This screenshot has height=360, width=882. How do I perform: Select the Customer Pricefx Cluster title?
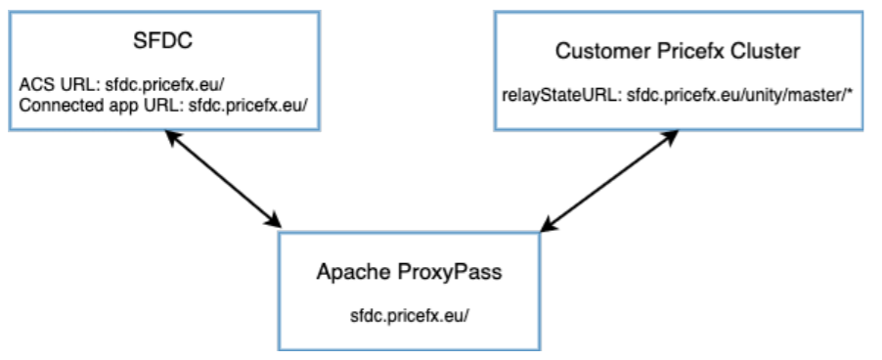[x=678, y=50]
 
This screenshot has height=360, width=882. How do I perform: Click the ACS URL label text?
[x=50, y=83]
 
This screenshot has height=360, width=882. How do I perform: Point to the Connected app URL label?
[x=84, y=105]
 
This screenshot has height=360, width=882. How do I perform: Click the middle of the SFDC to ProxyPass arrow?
[x=222, y=180]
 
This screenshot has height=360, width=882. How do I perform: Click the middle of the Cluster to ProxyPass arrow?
[x=608, y=181]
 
